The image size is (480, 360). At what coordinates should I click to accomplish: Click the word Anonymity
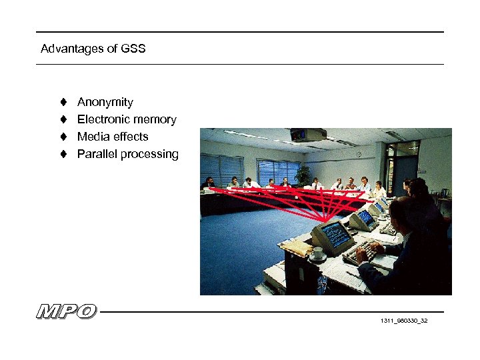coord(105,102)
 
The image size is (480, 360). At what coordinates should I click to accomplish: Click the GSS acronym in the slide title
coord(133,49)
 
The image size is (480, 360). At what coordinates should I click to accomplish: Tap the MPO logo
coord(67,311)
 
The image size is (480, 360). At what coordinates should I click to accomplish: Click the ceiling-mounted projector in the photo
coord(308,134)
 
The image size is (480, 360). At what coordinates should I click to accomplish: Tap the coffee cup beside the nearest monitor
coord(319,254)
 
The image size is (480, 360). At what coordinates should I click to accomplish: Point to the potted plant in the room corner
coord(303,175)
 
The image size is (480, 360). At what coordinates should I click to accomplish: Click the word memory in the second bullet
coord(155,119)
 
